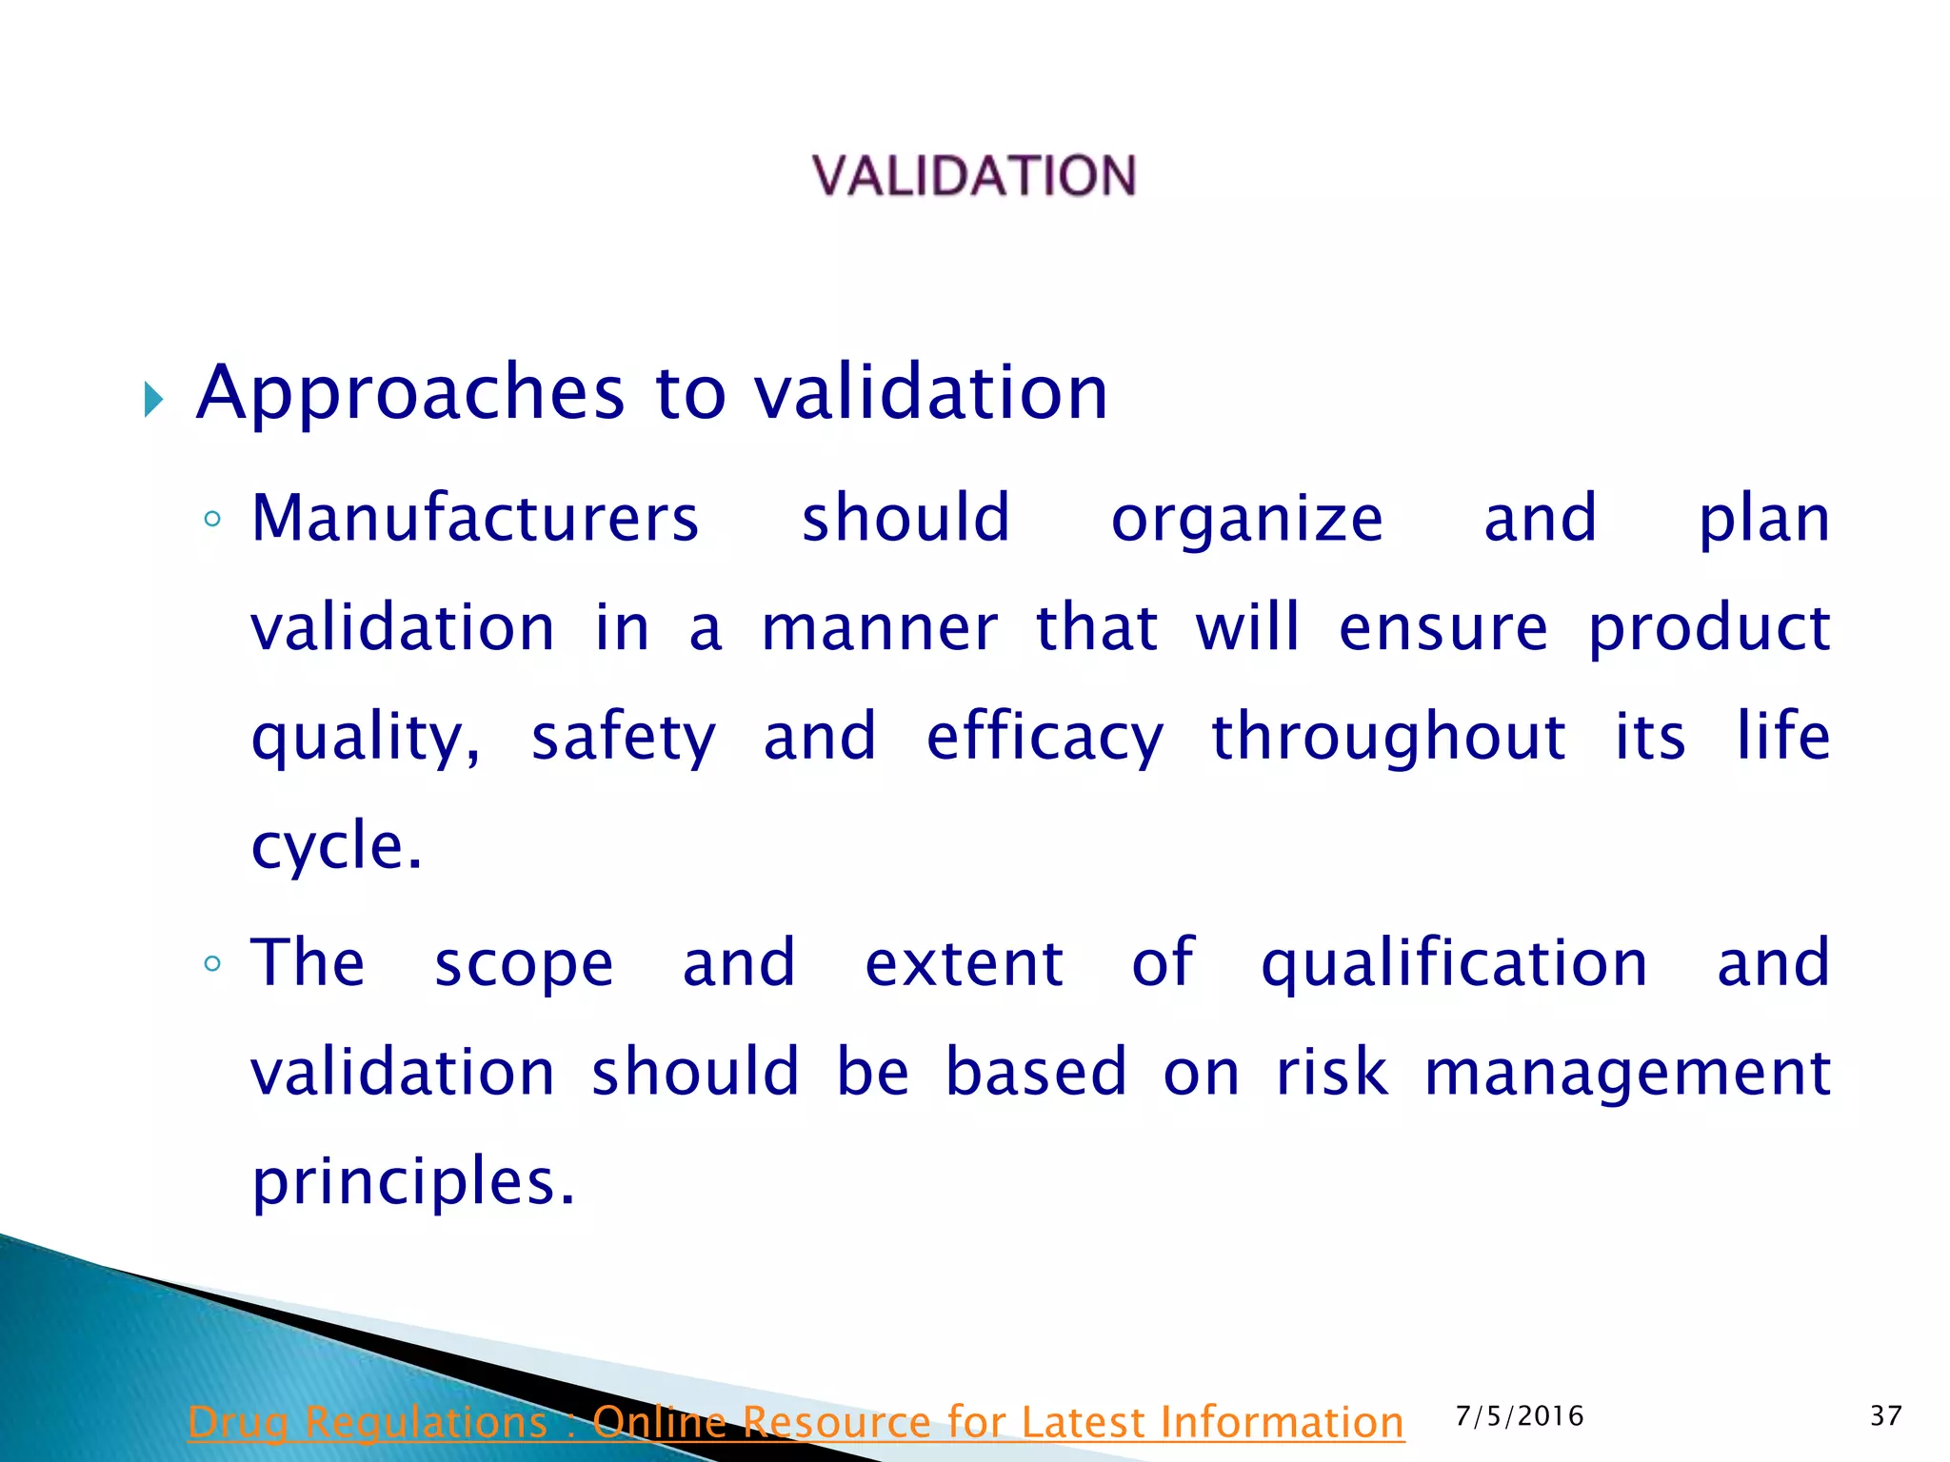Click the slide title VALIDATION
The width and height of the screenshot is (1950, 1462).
(x=974, y=176)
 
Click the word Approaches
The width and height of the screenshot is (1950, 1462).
(x=410, y=393)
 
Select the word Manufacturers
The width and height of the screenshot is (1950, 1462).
(x=475, y=519)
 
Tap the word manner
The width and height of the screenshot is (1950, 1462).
(x=880, y=629)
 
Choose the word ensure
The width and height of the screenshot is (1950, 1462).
(x=1443, y=629)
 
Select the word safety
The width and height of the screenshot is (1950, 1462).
(x=624, y=739)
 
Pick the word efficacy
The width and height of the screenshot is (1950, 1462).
(x=1045, y=739)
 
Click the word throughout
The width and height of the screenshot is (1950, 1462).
(x=1387, y=739)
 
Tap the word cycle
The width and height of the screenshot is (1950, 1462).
(x=335, y=847)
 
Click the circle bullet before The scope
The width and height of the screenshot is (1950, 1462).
(x=212, y=964)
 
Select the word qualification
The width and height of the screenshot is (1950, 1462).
(x=1454, y=964)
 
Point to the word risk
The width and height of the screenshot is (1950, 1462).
(x=1331, y=1073)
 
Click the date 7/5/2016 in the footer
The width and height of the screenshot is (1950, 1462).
(x=1520, y=1416)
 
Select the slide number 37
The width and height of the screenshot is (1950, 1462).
(x=1885, y=1416)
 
